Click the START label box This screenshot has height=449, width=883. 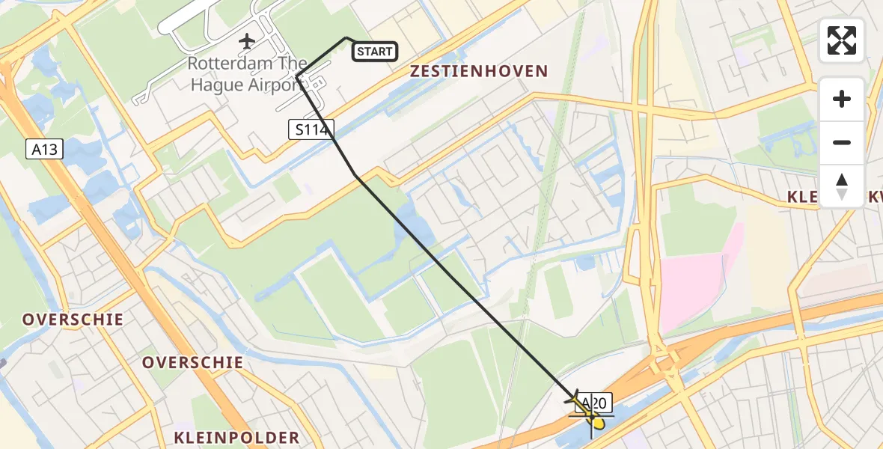(375, 52)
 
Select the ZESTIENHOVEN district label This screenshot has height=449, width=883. (479, 72)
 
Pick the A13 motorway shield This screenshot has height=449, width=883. (44, 150)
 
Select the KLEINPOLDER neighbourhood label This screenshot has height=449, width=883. (236, 438)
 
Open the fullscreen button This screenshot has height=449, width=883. (842, 40)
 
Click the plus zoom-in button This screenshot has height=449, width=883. (842, 99)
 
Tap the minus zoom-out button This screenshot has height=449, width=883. (842, 142)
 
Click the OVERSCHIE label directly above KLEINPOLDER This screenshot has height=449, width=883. (193, 363)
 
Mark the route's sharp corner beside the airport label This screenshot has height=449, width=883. (297, 76)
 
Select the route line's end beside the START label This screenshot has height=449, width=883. (346, 37)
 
